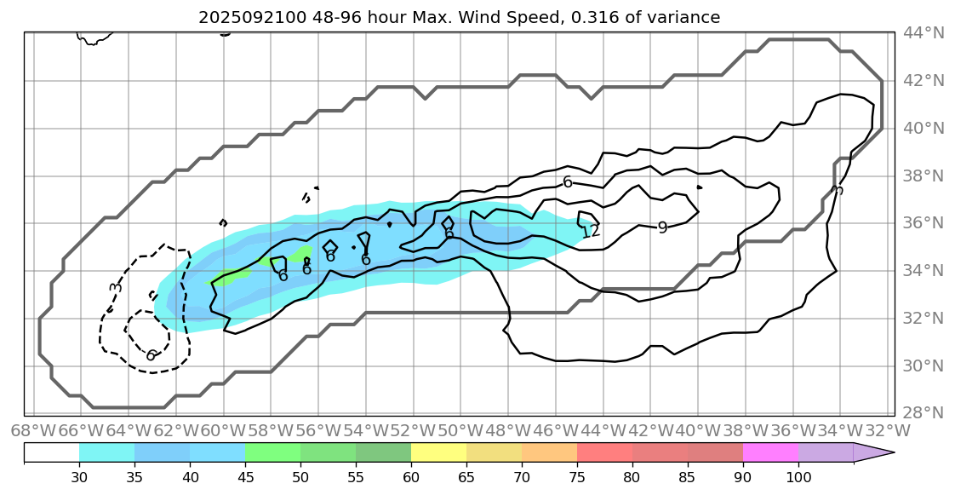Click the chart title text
pyautogui.click(x=459, y=17)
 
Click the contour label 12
pyautogui.click(x=590, y=231)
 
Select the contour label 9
pyautogui.click(x=662, y=227)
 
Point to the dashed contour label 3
pyautogui.click(x=116, y=287)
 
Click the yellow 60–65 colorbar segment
pyautogui.click(x=438, y=452)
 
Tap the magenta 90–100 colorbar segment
pyautogui.click(x=770, y=452)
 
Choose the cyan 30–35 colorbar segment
pyautogui.click(x=106, y=452)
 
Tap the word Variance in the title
pyautogui.click(x=688, y=17)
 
